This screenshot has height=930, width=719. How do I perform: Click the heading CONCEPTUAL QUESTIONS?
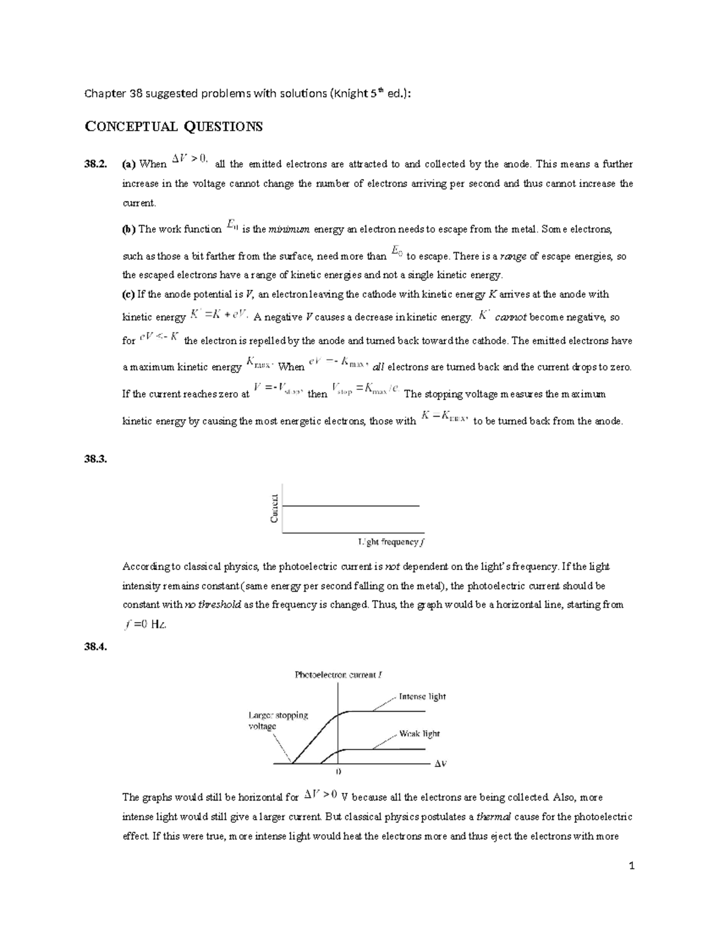[174, 126]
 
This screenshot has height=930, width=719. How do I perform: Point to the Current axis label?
[274, 508]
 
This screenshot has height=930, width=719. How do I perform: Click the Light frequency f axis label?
[391, 542]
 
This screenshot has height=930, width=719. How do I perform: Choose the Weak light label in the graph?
[419, 734]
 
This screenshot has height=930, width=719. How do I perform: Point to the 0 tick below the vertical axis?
[339, 773]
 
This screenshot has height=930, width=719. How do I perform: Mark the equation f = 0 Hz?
[146, 625]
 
